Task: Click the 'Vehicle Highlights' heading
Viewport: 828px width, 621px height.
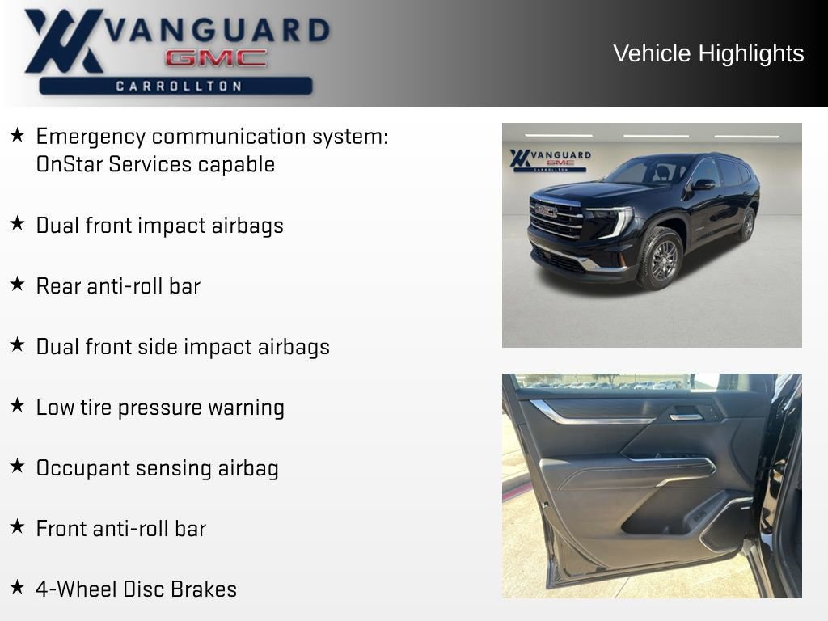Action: [708, 53]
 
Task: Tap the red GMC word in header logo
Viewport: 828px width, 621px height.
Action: [216, 58]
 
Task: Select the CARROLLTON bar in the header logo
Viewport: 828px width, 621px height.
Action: [178, 86]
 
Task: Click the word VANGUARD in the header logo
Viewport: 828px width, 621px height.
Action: [218, 31]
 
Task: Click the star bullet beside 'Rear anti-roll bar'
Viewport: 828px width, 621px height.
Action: [17, 285]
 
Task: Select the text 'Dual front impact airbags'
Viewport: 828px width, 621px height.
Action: [159, 225]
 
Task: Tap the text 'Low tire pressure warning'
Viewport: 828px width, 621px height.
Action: [159, 407]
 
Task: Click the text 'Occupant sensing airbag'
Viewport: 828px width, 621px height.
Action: [157, 467]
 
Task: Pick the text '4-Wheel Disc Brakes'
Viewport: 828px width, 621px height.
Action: [136, 589]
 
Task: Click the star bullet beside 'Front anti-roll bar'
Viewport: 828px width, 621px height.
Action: [17, 527]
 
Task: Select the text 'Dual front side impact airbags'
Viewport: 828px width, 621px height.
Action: [183, 346]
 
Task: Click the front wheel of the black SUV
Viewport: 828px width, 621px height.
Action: [661, 259]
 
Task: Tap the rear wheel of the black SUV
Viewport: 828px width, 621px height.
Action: [746, 224]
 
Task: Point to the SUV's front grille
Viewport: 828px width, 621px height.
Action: [557, 218]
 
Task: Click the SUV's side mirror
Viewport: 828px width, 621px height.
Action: [703, 184]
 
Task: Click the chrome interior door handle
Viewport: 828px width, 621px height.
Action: [686, 416]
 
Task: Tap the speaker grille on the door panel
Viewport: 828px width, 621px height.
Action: [728, 526]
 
